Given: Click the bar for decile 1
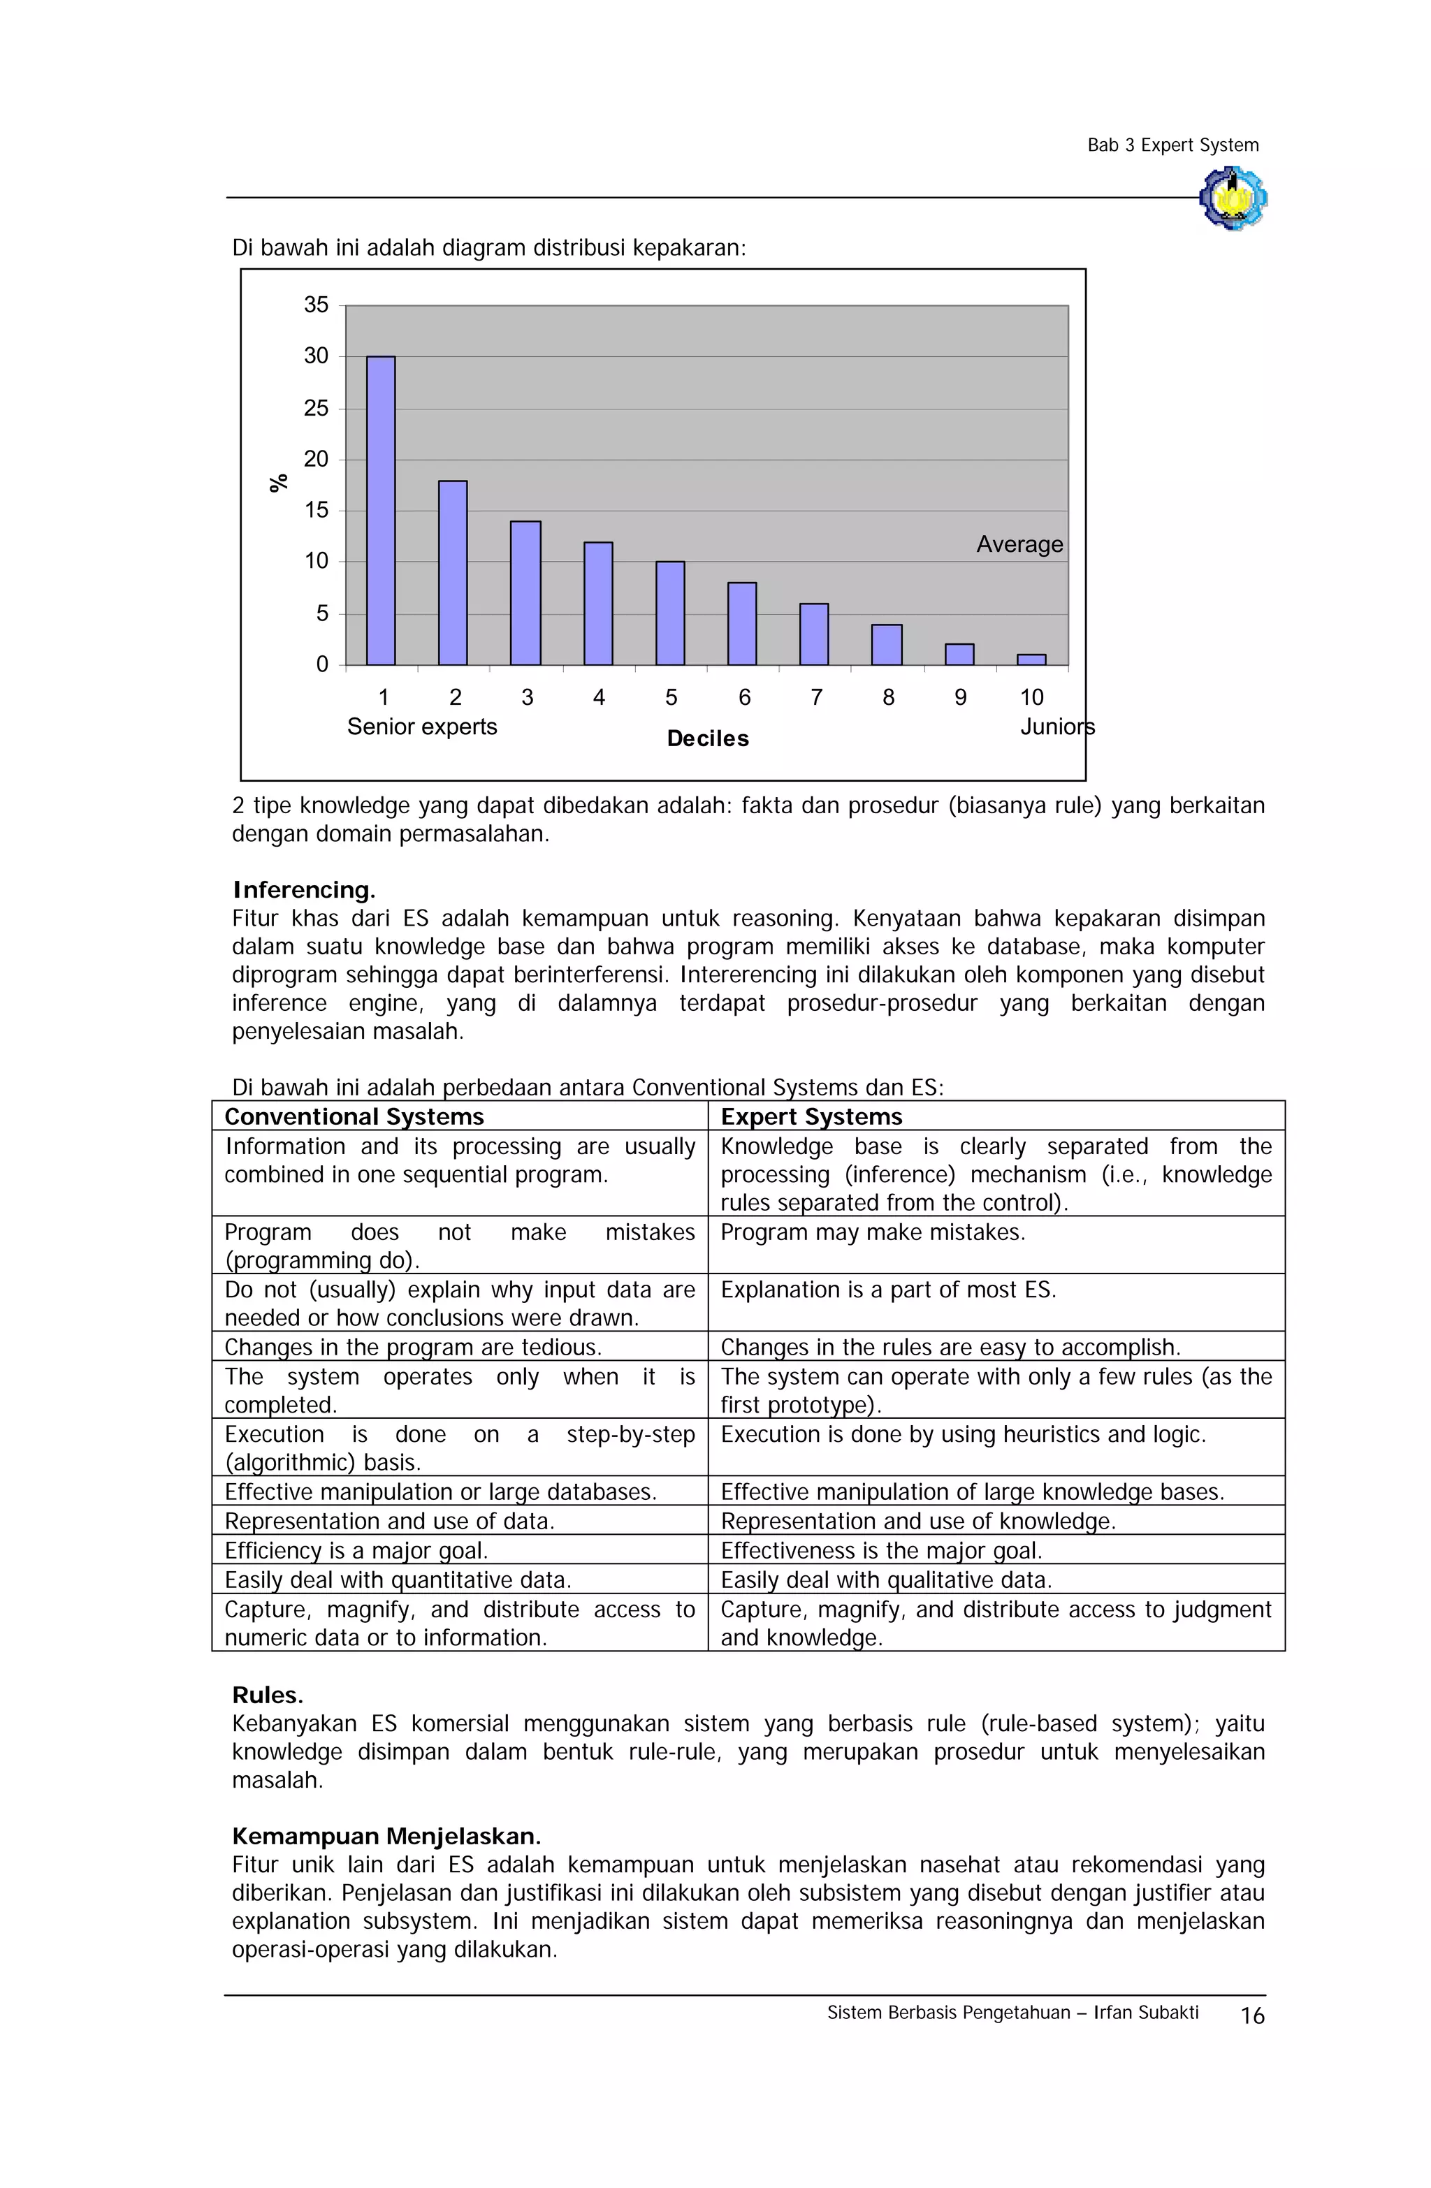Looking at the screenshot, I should pos(381,510).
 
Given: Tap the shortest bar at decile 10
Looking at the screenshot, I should pos(1031,659).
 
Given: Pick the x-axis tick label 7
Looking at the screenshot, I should pos(815,698).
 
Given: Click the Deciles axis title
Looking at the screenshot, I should pos(707,738).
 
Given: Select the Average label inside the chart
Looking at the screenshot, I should pos(1019,544).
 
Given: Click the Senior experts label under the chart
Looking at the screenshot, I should pos(421,727).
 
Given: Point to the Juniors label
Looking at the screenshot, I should pos(1056,727).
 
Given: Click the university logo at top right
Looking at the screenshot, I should pos(1233,197).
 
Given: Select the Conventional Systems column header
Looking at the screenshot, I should pos(354,1116).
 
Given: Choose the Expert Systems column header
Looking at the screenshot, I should pos(811,1116).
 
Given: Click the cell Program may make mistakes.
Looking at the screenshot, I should pos(872,1232).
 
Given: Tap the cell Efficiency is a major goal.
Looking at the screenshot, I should pos(356,1550).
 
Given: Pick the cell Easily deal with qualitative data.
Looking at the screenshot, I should pos(885,1580).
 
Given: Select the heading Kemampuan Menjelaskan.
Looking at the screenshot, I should pos(386,1836).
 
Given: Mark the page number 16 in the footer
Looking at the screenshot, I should pos(1251,2016).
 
